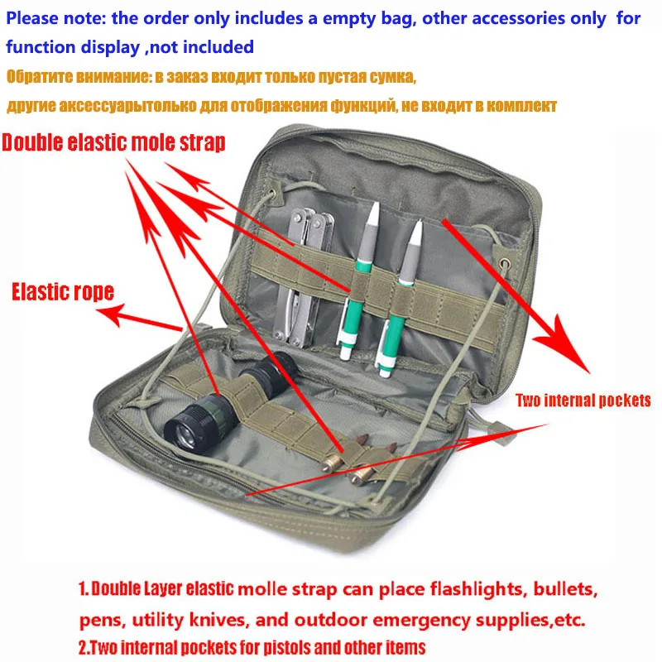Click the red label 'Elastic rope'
click(62, 291)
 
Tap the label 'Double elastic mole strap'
click(113, 142)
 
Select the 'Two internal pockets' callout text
click(583, 401)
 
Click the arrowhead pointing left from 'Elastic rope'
click(108, 313)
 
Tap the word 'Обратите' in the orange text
click(39, 77)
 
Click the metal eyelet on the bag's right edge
click(501, 265)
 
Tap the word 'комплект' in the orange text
click(520, 106)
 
